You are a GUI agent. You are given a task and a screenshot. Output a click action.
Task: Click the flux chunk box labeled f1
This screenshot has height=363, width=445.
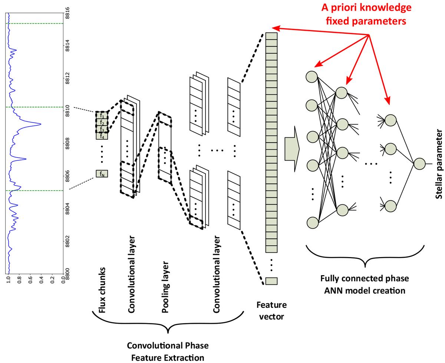tap(102, 115)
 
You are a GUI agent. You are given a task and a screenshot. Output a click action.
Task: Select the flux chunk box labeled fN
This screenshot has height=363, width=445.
tap(102, 173)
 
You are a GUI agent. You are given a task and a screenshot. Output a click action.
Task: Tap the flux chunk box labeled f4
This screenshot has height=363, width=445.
tap(102, 136)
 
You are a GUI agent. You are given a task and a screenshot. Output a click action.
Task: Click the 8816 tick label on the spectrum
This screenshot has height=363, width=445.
tap(67, 13)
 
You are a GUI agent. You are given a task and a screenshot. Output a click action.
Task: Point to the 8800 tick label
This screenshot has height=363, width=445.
tap(67, 274)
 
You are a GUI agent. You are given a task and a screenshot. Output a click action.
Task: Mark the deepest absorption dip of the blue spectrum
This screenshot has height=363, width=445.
tap(40, 124)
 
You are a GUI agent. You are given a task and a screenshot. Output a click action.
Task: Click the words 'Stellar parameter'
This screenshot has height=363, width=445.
tap(438, 164)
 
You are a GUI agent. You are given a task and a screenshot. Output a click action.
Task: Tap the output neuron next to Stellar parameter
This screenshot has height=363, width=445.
tap(419, 164)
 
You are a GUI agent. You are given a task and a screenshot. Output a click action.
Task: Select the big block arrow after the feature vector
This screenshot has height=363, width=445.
tap(292, 149)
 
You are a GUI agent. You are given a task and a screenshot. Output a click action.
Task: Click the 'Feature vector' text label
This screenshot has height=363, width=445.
tap(271, 310)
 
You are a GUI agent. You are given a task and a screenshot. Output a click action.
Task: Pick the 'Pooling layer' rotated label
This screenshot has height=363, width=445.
tap(165, 287)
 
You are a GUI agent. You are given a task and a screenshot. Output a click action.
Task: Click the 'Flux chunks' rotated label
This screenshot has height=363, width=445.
tap(102, 290)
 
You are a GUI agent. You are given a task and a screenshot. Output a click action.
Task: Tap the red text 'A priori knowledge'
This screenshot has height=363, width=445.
tap(366, 7)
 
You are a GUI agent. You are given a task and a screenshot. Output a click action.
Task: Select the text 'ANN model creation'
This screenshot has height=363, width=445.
tap(365, 291)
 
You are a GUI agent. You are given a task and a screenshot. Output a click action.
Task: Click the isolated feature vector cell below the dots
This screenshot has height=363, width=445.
tap(271, 281)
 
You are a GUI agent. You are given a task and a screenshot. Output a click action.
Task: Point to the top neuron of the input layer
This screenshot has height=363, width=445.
tap(311, 77)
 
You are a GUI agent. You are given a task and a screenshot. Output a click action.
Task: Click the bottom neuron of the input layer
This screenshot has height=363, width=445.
tap(313, 223)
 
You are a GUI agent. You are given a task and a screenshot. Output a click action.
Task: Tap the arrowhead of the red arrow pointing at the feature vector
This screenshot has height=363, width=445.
tap(276, 28)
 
